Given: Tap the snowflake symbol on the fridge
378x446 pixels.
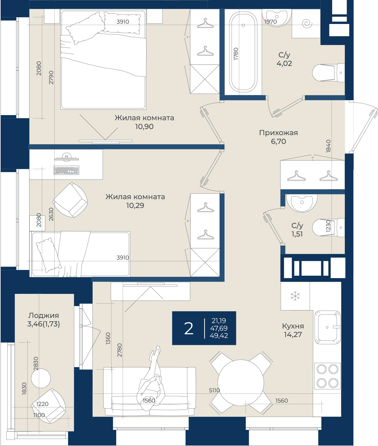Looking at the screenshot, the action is pos(295,296).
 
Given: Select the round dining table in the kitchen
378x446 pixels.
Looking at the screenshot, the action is pos(241,383).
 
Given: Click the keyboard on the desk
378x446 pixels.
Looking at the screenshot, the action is pos(66,170).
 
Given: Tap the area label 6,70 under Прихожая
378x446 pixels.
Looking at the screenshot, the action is pos(278,141).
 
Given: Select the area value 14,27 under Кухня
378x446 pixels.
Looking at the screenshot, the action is pos(293,335).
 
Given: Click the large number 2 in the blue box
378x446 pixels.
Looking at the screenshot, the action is pos(189,329).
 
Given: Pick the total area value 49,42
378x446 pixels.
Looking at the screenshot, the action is pos(219,335).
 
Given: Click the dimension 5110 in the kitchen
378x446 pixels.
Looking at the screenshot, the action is pos(214,390).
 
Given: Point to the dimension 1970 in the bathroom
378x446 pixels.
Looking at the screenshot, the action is pos(271,22).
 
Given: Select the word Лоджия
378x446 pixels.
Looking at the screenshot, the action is pos(44,316).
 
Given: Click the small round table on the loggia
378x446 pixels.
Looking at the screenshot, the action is pos(41,379).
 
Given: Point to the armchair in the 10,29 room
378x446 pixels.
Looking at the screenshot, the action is pos(70,200).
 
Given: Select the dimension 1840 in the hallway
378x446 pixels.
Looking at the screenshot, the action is pos(328,146).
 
